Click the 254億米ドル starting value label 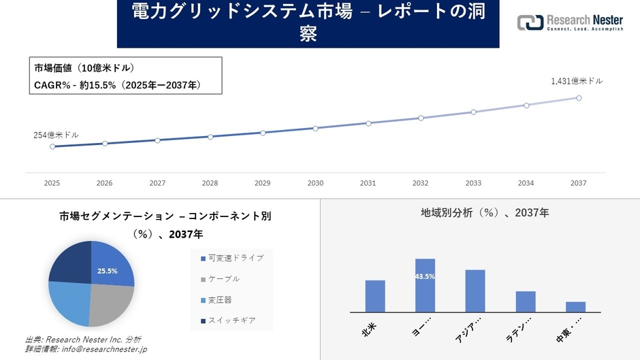coord(56,135)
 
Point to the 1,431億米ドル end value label coord(577,81)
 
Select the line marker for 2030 coord(315,128)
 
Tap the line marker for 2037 coord(579,98)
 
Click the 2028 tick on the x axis coord(210,183)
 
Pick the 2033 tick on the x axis coord(473,183)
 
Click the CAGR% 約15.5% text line coord(116,85)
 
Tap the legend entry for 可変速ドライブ coord(231,258)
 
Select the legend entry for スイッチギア coord(227,321)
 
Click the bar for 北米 coord(375,296)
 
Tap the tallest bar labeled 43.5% coord(425,286)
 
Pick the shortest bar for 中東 coord(575,307)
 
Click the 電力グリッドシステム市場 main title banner coord(308,24)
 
